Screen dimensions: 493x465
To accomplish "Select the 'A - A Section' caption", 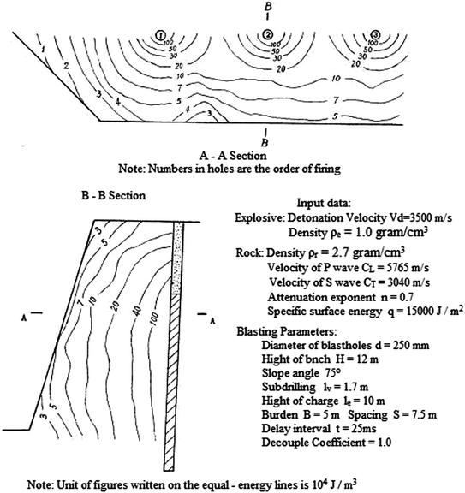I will tap(230, 157).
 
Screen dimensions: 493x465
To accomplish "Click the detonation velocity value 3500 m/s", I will tap(420, 218).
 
